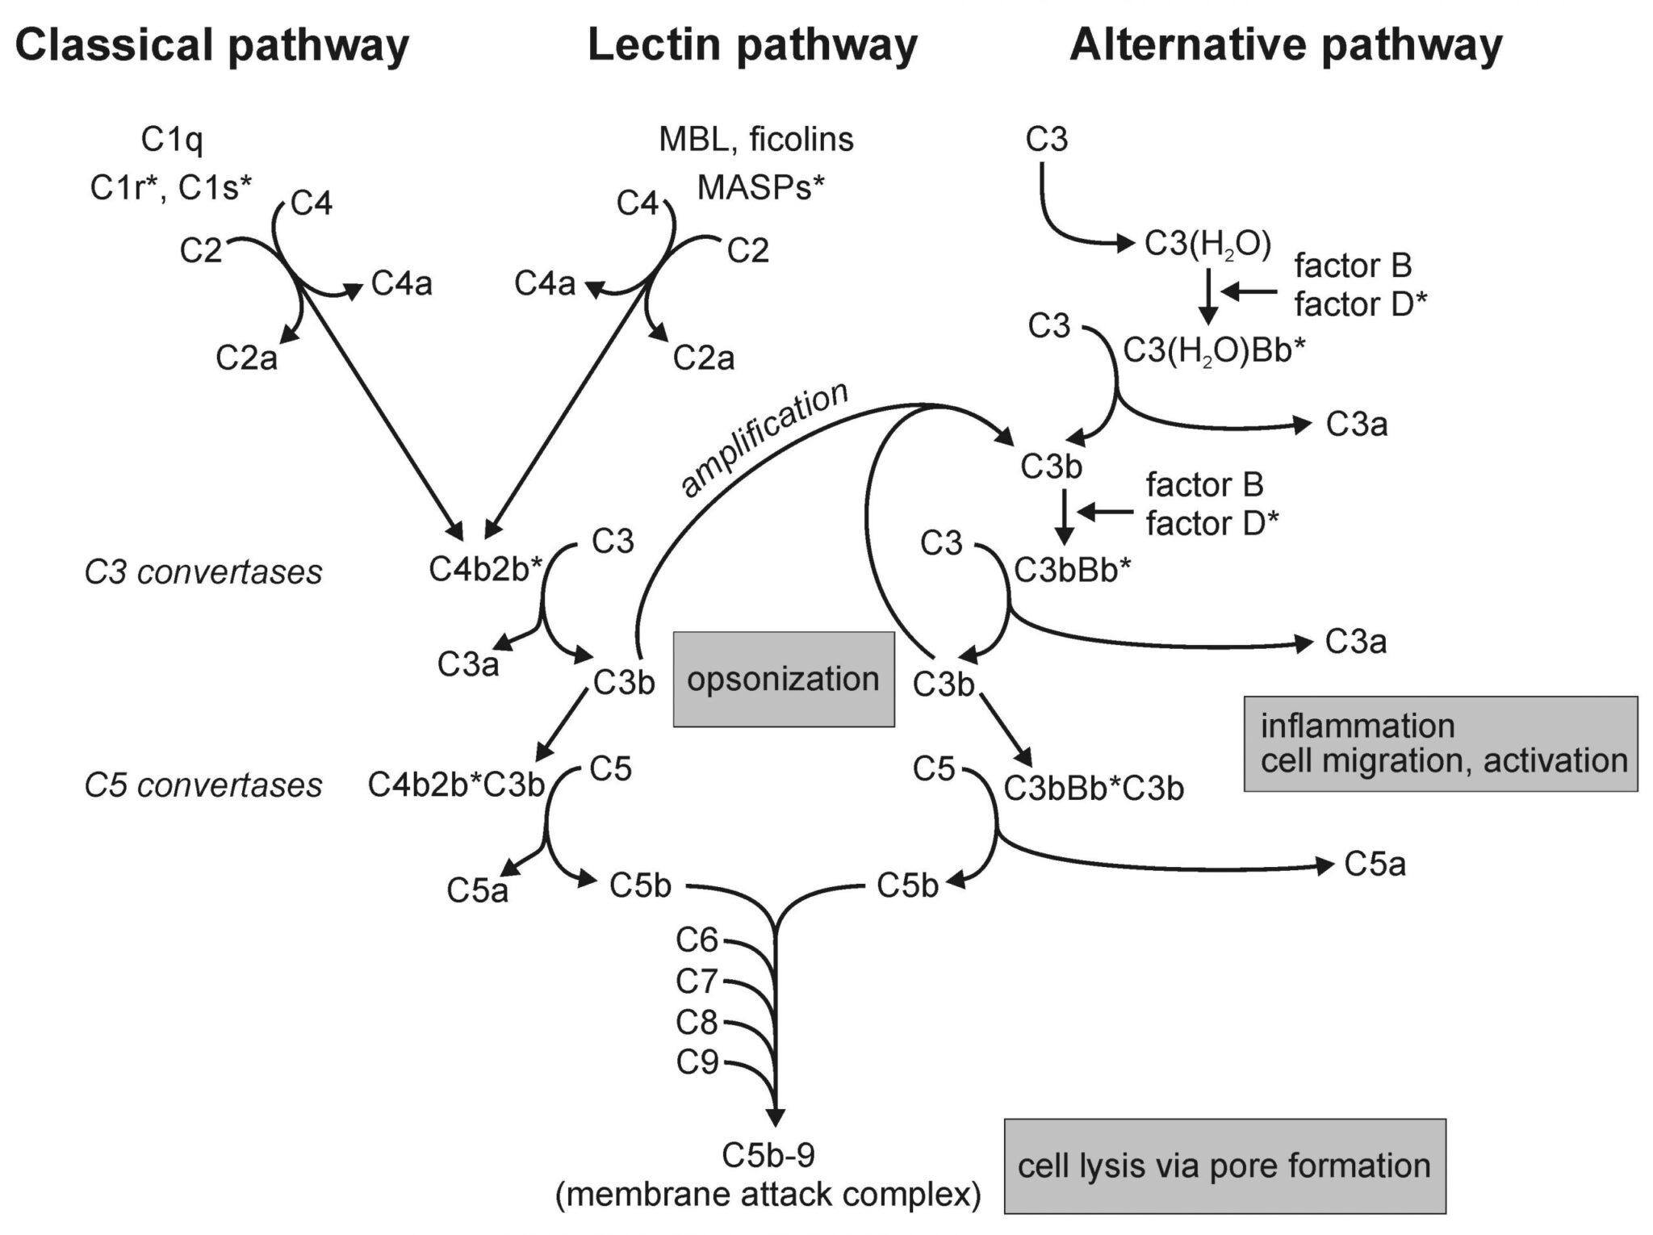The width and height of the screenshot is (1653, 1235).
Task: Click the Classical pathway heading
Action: click(x=211, y=45)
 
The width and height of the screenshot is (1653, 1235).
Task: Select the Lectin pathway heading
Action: click(x=752, y=45)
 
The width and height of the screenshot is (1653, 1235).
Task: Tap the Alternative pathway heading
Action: click(x=1285, y=45)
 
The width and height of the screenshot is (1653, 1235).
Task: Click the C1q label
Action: click(x=172, y=140)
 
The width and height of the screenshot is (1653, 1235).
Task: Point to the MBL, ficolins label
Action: click(x=755, y=140)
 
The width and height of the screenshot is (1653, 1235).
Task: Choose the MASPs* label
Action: click(x=760, y=188)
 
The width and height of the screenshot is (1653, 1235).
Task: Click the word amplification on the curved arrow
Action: click(x=764, y=440)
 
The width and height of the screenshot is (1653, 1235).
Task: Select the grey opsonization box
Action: click(x=783, y=680)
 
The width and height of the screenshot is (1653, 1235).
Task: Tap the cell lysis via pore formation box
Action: click(x=1224, y=1166)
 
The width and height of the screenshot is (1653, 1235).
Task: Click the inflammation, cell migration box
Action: click(x=1440, y=743)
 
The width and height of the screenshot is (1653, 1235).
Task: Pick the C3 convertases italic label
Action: click(x=203, y=573)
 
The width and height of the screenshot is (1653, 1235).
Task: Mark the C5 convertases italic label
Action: click(x=203, y=785)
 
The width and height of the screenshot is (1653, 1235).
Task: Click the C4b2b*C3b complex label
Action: click(x=457, y=785)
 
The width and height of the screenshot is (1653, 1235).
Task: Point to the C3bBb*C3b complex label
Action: click(x=1094, y=789)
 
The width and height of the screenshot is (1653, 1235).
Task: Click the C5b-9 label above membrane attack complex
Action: click(x=768, y=1156)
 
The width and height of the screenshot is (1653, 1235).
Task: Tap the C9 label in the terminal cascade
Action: click(x=697, y=1063)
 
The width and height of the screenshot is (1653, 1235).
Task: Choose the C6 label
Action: click(x=697, y=940)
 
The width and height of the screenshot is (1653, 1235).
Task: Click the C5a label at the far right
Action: click(x=1375, y=865)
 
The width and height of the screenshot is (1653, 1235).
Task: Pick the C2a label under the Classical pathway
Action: click(x=246, y=358)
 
